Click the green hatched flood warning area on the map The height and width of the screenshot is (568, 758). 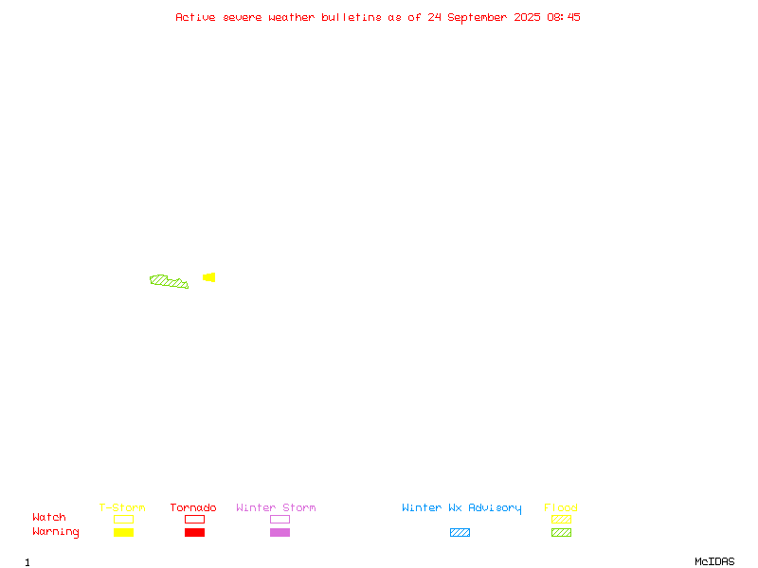coord(169,281)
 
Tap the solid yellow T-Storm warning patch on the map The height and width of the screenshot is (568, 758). coord(209,277)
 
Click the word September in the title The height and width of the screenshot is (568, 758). coord(478,17)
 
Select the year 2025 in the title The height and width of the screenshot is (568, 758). coord(527,17)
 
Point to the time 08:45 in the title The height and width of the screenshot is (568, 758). coord(564,17)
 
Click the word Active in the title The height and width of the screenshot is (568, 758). coord(195,17)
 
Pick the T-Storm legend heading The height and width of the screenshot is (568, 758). coord(122,507)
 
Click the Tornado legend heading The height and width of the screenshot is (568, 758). coord(193,507)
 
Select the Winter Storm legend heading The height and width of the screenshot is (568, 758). coord(276,507)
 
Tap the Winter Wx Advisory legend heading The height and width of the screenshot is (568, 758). coord(461,508)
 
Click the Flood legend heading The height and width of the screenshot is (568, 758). coord(561,507)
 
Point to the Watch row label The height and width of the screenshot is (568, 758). coord(49,517)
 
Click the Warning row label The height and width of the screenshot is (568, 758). coord(56,532)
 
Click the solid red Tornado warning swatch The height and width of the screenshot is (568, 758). coord(195,532)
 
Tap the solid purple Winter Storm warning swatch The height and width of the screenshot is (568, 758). coord(280,532)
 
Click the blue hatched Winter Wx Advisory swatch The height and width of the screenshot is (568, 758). coord(460,532)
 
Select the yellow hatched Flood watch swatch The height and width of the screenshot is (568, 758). coord(561,519)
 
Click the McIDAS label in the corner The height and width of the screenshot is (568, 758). coord(714,561)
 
